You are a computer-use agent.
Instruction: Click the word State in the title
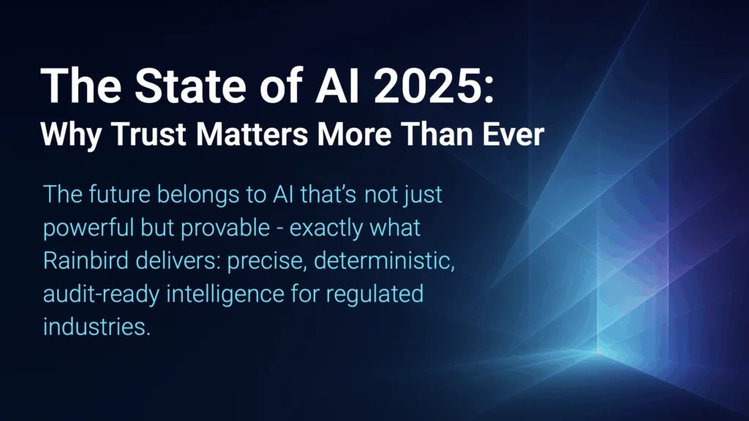[190, 86]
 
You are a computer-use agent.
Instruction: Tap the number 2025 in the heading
[429, 86]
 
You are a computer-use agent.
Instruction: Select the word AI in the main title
[336, 86]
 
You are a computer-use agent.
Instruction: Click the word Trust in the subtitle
[148, 134]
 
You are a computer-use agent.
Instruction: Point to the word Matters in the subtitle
[252, 134]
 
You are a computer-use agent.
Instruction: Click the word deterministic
[384, 261]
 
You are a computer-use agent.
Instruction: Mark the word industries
[97, 327]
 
